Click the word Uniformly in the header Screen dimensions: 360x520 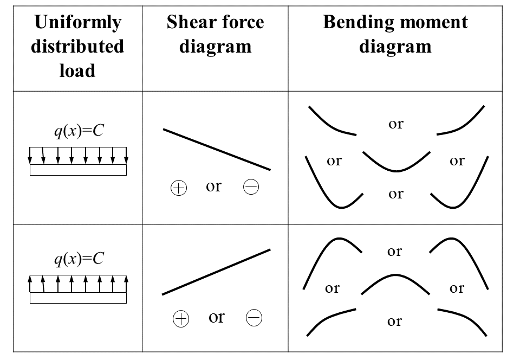(x=77, y=23)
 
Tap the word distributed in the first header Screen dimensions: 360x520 (x=77, y=47)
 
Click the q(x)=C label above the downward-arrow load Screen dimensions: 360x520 (x=78, y=132)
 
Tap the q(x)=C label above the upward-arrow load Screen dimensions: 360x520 (x=78, y=259)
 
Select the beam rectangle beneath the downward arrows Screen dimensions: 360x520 (x=78, y=170)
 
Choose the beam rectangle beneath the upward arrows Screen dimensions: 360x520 (x=78, y=298)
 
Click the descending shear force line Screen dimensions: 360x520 (x=217, y=150)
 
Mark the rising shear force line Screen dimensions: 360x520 (x=217, y=272)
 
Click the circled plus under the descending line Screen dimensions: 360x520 (x=179, y=188)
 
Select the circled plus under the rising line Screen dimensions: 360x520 (x=180, y=319)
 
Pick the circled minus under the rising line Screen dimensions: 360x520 (x=253, y=318)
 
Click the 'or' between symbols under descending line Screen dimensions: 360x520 (x=214, y=187)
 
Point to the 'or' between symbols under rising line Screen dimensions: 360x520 (x=216, y=317)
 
